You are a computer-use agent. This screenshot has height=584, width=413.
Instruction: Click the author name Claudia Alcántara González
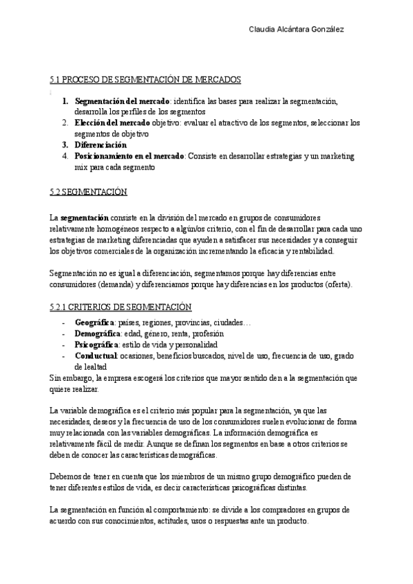[x=296, y=29]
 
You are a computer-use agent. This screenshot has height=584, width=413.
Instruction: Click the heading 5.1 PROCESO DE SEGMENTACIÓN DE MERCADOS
[x=145, y=80]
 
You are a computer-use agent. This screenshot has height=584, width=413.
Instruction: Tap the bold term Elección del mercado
[x=112, y=123]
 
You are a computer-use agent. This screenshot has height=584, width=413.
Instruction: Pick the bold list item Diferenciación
[x=100, y=145]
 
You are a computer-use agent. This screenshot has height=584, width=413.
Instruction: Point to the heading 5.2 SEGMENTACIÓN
[x=89, y=191]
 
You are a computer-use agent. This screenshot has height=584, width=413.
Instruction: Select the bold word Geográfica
[x=94, y=322]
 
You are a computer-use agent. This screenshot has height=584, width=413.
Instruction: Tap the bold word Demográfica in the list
[x=97, y=333]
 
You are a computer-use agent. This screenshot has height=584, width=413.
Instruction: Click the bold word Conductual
[x=96, y=355]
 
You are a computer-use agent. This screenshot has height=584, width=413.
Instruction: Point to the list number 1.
[x=65, y=101]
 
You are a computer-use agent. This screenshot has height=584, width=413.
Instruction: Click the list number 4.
[x=65, y=156]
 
